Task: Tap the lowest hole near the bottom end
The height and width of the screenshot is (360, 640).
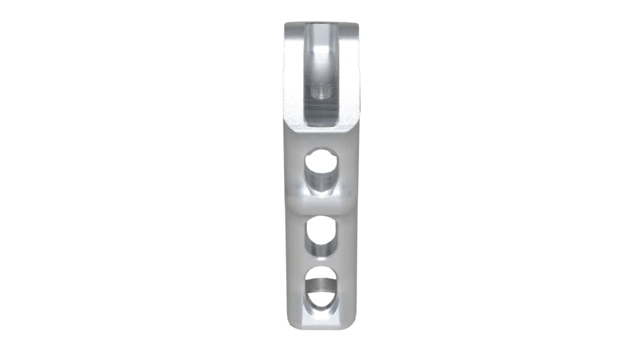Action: coord(321,287)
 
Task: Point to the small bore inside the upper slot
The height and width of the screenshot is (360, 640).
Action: coord(321,90)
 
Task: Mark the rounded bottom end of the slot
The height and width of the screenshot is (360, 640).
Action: coord(321,121)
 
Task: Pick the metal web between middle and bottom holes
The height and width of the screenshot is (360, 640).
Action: coord(321,261)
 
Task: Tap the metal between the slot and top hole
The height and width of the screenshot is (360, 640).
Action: coord(321,136)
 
